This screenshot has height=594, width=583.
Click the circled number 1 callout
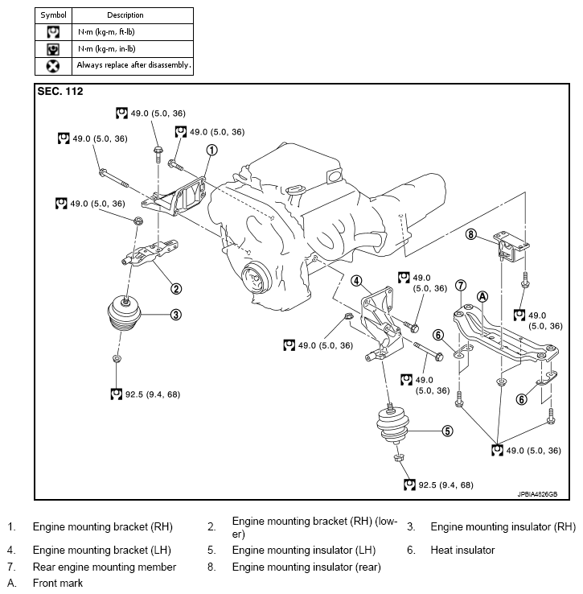pyautogui.click(x=212, y=150)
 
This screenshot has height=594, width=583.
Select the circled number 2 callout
pyautogui.click(x=176, y=289)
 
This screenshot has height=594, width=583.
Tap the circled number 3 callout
pyautogui.click(x=176, y=315)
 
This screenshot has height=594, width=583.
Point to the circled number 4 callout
pyautogui.click(x=356, y=281)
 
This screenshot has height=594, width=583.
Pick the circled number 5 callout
pyautogui.click(x=447, y=431)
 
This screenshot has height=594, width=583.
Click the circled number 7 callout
pyautogui.click(x=461, y=285)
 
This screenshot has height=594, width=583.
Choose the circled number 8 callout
pyautogui.click(x=470, y=234)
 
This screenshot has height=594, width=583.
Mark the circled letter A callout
pyautogui.click(x=482, y=297)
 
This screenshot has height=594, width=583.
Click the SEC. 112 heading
pyautogui.click(x=60, y=91)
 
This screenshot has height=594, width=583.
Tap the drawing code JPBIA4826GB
pyautogui.click(x=537, y=494)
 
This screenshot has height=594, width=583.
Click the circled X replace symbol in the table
pyautogui.click(x=53, y=66)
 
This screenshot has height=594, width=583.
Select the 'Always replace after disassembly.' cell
pyautogui.click(x=133, y=65)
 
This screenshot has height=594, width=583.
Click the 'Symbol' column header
pyautogui.click(x=53, y=15)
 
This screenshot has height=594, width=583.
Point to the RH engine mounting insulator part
pyautogui.click(x=124, y=314)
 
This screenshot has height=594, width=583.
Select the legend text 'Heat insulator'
pyautogui.click(x=462, y=550)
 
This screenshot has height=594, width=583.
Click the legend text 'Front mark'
pyautogui.click(x=58, y=583)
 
